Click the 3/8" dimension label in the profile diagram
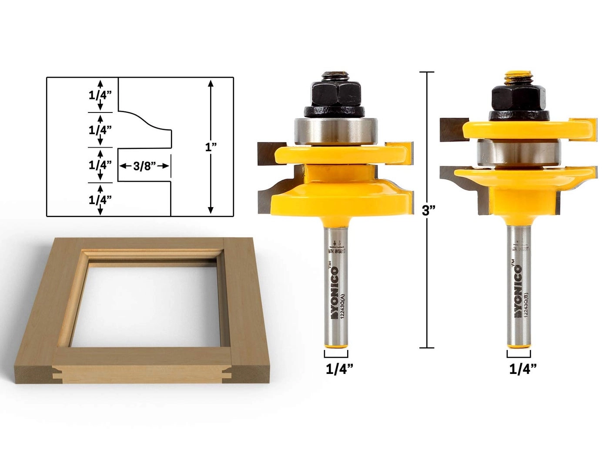tap(144, 166)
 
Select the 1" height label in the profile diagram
tap(211, 147)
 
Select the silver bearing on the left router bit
tap(335, 130)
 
